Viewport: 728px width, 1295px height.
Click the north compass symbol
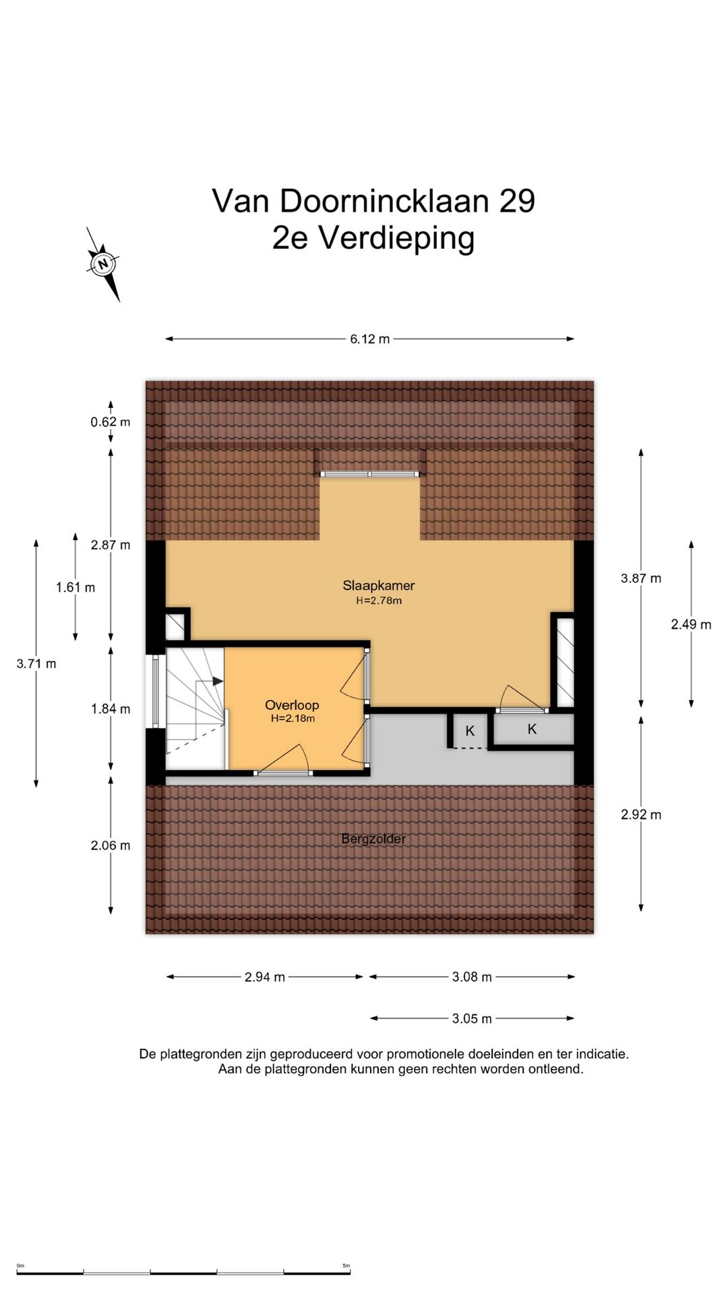click(x=103, y=264)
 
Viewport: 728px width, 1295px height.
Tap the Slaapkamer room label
click(x=379, y=585)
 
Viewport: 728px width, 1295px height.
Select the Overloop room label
click(x=292, y=705)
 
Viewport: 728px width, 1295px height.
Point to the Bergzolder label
click(x=373, y=839)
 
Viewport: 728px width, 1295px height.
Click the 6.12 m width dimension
click(x=369, y=339)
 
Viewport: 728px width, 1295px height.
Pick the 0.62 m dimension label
click(x=111, y=422)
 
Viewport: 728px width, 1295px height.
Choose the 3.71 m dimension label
click(x=36, y=664)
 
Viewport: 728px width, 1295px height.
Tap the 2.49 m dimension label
click(x=691, y=625)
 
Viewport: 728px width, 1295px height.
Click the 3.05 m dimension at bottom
click(x=472, y=1018)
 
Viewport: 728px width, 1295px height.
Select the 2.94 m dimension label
click(x=265, y=977)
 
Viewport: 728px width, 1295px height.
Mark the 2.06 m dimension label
click(x=111, y=846)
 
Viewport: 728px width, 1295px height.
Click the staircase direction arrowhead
click(x=218, y=681)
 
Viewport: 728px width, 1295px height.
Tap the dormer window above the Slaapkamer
click(x=369, y=474)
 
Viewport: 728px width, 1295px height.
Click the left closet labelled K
click(x=470, y=731)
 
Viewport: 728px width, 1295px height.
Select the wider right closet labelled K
click(x=533, y=729)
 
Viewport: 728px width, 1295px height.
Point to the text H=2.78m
click(x=379, y=601)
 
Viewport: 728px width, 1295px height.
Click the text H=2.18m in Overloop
click(x=293, y=719)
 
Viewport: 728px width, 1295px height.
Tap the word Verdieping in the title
click(x=396, y=239)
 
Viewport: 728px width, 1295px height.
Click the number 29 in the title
click(x=517, y=201)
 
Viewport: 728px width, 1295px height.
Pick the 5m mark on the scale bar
click(x=346, y=1266)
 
